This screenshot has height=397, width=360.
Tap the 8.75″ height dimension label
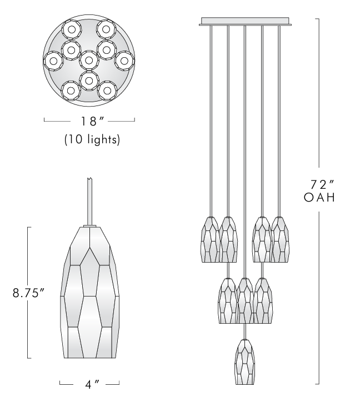click(28, 293)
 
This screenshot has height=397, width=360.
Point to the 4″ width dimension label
click(89, 383)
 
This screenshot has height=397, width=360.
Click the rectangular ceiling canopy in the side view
click(244, 22)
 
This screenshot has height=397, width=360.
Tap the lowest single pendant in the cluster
click(244, 361)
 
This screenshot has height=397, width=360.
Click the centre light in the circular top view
click(89, 59)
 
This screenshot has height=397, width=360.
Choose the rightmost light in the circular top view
click(124, 59)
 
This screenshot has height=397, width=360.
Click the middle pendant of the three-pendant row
click(244, 300)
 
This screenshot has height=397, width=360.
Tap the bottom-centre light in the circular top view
click(89, 80)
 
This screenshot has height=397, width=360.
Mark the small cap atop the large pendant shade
click(89, 225)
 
